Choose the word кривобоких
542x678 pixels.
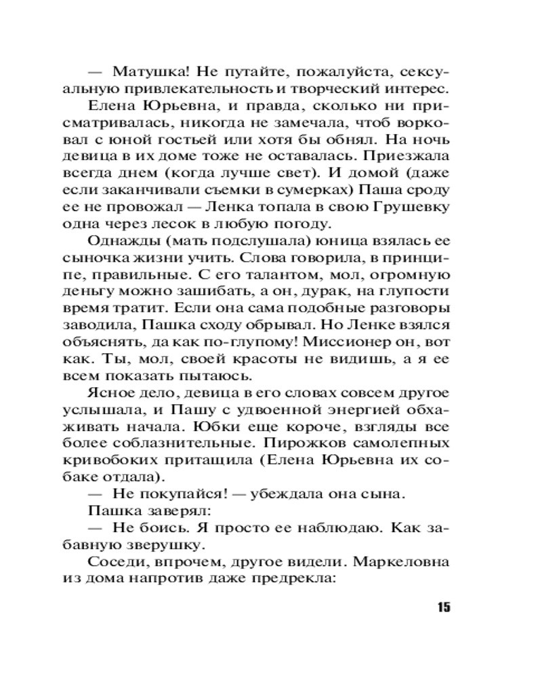point(127,460)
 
